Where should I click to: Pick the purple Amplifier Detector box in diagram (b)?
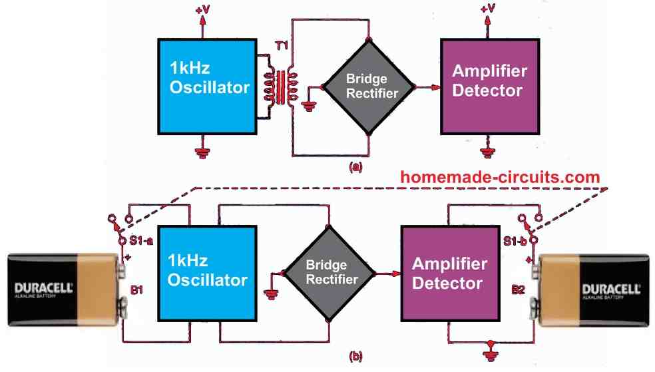(x=447, y=273)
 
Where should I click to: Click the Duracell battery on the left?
(x=67, y=289)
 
